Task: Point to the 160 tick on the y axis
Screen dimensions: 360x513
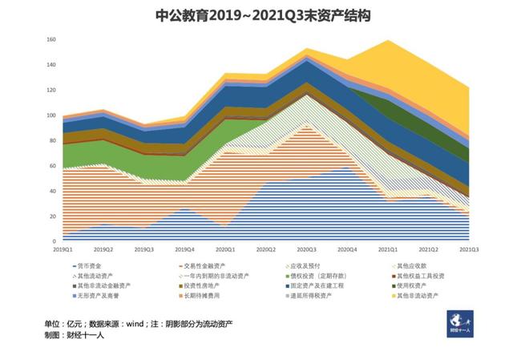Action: pos(51,38)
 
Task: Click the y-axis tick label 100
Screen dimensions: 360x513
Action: pos(51,115)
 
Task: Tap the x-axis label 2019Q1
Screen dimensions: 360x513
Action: pos(65,249)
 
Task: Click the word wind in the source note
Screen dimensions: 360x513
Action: pos(132,324)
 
